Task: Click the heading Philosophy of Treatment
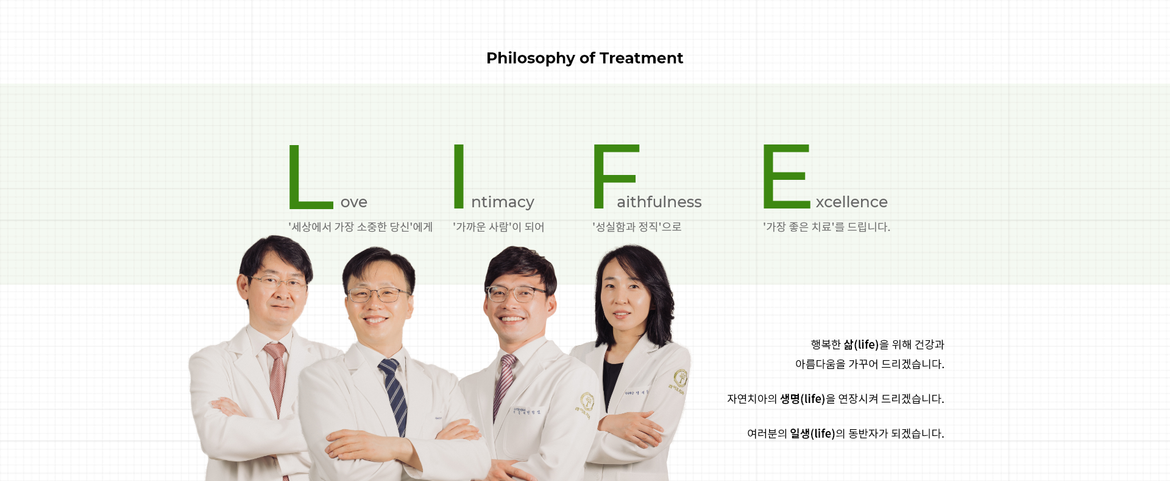click(x=584, y=58)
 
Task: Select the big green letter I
click(x=459, y=176)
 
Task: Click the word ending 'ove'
click(x=354, y=202)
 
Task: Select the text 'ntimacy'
click(x=503, y=202)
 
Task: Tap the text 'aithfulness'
click(x=659, y=201)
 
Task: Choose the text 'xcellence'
click(x=852, y=201)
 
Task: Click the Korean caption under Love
click(x=360, y=227)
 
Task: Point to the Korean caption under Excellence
click(x=826, y=227)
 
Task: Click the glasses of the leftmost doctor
click(x=277, y=282)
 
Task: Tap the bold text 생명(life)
click(x=803, y=399)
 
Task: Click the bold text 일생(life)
click(x=812, y=433)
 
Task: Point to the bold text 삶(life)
click(x=861, y=344)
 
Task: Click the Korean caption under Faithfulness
click(x=637, y=227)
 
